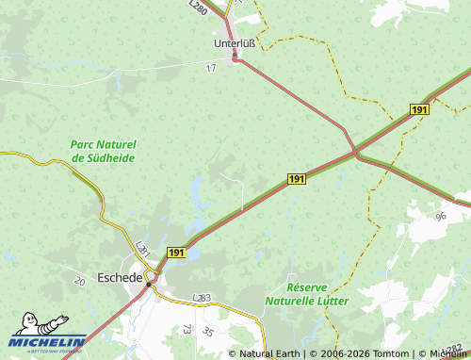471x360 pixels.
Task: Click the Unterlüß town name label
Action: [235, 43]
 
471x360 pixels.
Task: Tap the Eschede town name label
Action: [120, 279]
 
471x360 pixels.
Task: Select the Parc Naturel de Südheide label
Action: [104, 151]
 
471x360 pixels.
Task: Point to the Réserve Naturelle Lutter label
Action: [318, 293]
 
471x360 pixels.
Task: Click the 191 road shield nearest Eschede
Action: [176, 253]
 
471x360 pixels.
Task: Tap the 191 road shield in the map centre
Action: [296, 179]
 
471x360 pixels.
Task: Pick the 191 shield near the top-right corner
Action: [419, 111]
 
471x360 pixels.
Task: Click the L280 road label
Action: [198, 7]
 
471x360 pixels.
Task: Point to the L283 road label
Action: [202, 298]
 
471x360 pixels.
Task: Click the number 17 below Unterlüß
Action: [210, 68]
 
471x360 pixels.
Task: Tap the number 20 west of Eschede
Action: [79, 281]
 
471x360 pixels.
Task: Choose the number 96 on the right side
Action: [440, 216]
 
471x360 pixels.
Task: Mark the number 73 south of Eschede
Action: [187, 329]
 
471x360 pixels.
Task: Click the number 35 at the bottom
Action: [207, 332]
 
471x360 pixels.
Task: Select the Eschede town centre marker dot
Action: [149, 282]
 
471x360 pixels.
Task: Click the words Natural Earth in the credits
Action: [269, 353]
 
